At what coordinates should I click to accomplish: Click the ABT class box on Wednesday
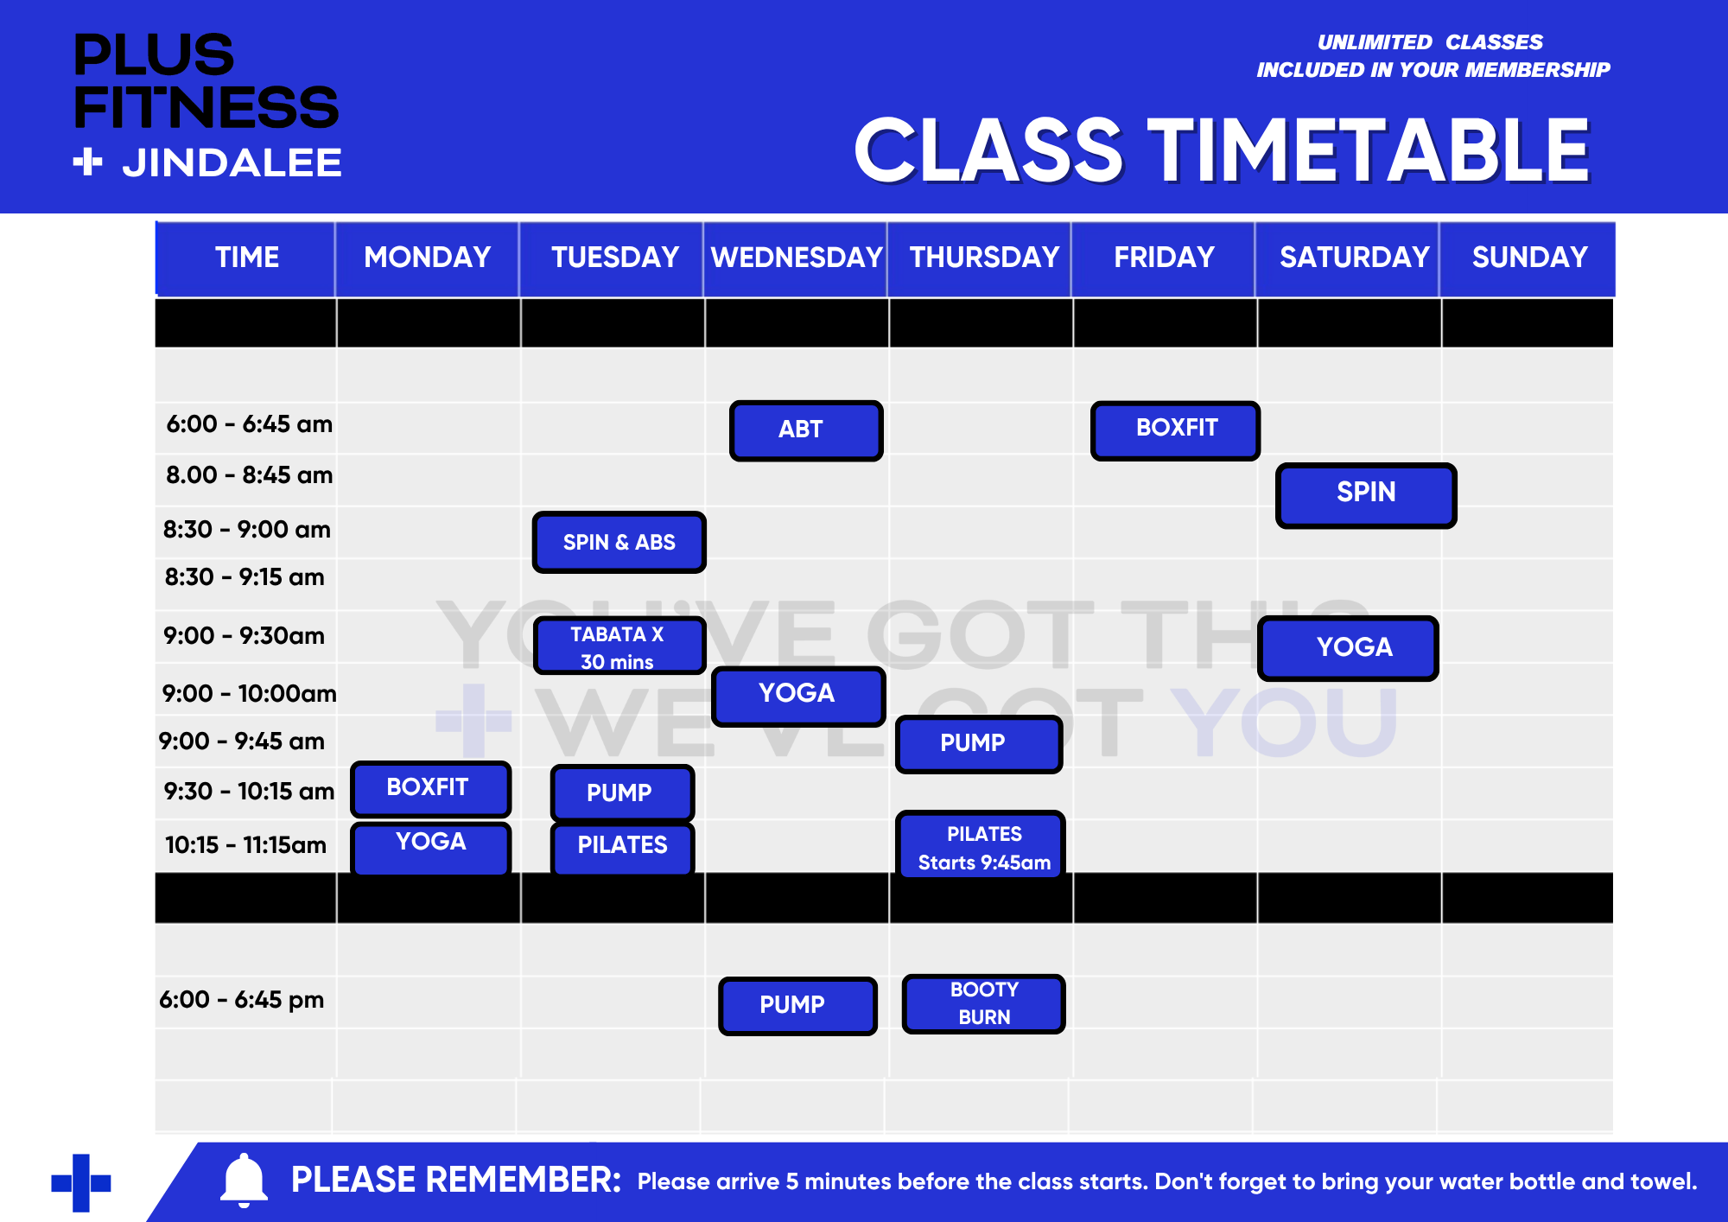pos(806,430)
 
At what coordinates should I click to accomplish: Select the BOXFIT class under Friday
pos(1175,430)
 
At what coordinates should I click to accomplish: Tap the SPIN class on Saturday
pos(1366,495)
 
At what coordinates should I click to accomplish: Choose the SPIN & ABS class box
pos(619,542)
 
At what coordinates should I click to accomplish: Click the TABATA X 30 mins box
pos(619,646)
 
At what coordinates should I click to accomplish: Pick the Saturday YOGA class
pos(1348,648)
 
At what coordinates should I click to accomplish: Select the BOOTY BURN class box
pos(983,1003)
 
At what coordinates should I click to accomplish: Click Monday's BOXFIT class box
pos(430,788)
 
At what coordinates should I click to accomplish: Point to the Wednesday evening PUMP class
pos(797,1006)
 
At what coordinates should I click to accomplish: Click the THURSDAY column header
pos(984,258)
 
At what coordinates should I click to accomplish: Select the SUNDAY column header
pos(1529,258)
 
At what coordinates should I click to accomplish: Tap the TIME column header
pos(247,258)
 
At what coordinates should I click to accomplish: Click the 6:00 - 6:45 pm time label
pos(241,1000)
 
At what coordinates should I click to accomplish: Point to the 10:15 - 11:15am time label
pos(245,844)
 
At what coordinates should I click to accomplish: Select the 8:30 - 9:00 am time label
pos(247,529)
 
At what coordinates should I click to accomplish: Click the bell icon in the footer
pos(244,1180)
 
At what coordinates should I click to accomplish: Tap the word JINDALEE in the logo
pos(232,162)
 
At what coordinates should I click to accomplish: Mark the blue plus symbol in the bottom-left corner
pos(81,1183)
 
